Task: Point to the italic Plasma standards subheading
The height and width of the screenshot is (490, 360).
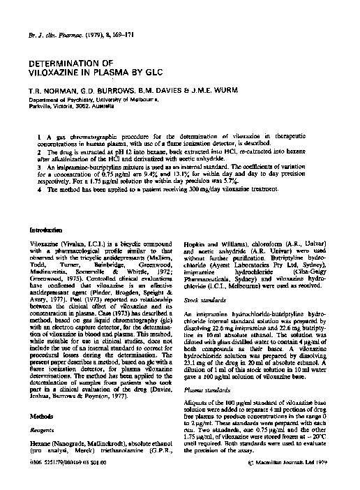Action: click(204, 381)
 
